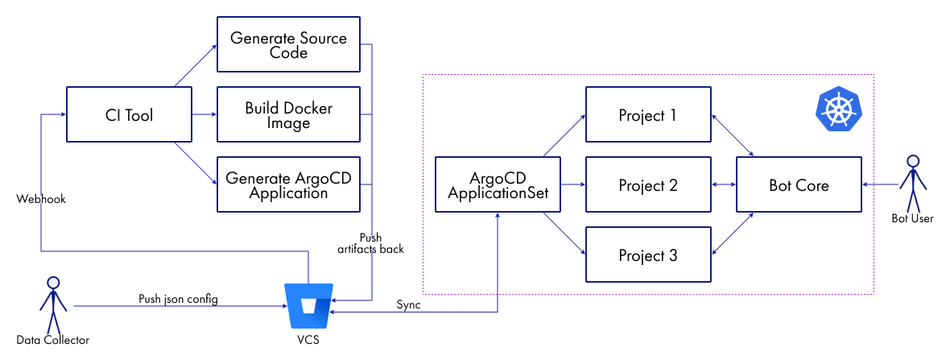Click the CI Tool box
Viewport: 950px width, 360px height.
pos(129,115)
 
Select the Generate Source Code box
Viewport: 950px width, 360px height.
pos(288,45)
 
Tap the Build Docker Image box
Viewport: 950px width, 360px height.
pos(288,115)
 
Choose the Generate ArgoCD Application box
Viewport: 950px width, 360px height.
pos(288,185)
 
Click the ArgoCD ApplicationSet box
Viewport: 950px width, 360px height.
pos(498,185)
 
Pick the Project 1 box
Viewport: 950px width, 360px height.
pos(648,115)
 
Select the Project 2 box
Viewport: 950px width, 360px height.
pos(648,185)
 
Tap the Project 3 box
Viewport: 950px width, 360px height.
pos(648,255)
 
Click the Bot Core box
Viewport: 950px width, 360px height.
pos(799,185)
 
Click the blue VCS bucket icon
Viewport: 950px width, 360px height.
pos(310,306)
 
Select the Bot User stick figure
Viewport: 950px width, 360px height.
pos(912,184)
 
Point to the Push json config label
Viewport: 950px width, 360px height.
pos(178,300)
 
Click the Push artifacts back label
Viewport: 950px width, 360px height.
pos(370,243)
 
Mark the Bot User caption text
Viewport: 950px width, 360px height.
pos(912,218)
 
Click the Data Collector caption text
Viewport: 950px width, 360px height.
pos(53,340)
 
